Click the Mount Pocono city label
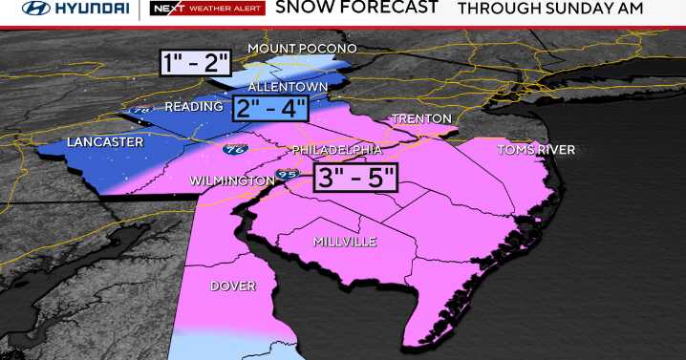tap(301, 48)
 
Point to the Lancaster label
tap(105, 142)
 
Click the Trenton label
tap(420, 119)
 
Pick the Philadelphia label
tap(336, 150)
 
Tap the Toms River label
tap(535, 150)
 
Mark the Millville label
tap(345, 242)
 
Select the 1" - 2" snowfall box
tap(196, 63)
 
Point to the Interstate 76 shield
tap(232, 150)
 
